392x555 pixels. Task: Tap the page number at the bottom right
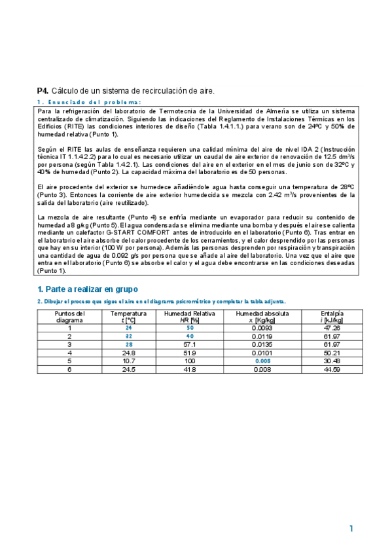click(351, 528)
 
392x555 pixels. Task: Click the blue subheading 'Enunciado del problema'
click(89, 103)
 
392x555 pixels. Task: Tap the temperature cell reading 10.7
click(128, 361)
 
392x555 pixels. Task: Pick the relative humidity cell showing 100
click(190, 361)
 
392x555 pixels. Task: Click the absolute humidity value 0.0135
click(262, 344)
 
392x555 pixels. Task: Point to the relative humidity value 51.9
click(190, 353)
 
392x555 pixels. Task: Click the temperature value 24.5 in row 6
click(128, 369)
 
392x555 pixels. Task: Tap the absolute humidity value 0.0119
click(262, 336)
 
